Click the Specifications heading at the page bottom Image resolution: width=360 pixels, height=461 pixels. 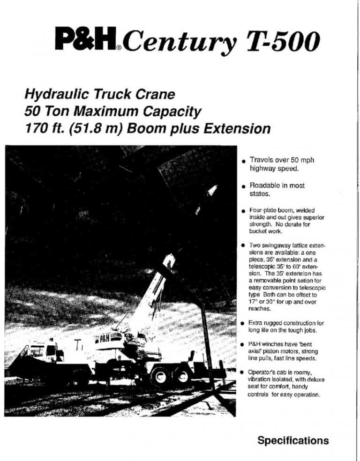coord(293,440)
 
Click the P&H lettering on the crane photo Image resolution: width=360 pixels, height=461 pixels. coord(104,338)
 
